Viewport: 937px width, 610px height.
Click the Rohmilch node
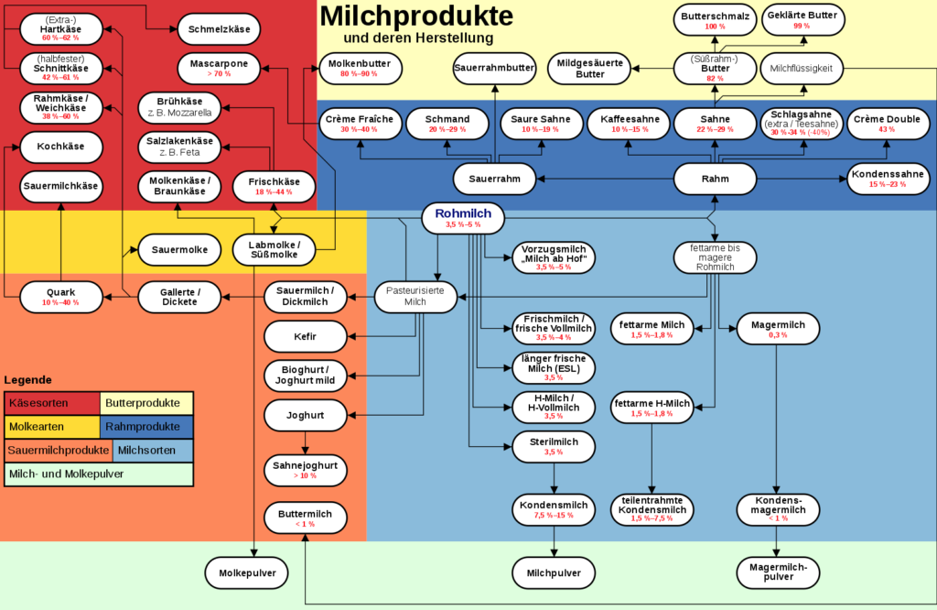[463, 217]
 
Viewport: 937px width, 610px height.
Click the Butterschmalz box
[715, 19]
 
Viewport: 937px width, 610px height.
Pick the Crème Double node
[887, 124]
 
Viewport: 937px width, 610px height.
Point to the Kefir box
[305, 336]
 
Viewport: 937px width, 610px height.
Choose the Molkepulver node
[246, 572]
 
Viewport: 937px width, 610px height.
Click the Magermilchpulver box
[778, 572]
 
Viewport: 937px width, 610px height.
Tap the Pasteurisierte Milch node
[415, 297]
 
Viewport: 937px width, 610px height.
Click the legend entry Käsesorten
[51, 403]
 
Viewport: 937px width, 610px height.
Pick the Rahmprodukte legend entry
[146, 427]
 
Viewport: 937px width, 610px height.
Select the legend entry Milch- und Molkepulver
[99, 474]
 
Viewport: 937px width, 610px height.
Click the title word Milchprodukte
[416, 16]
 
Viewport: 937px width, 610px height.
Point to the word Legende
[28, 380]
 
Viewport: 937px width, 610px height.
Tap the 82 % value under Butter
[715, 78]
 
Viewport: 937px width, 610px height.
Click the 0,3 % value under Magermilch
[778, 334]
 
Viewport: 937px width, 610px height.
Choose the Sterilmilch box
[553, 446]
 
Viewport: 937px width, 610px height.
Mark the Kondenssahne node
[887, 179]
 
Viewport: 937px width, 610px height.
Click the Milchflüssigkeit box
[801, 68]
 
